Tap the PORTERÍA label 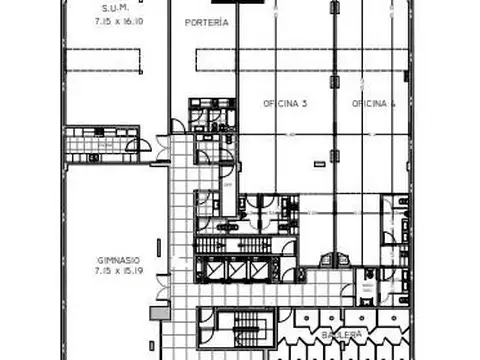pyautogui.click(x=207, y=21)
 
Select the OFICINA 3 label pyautogui.click(x=284, y=103)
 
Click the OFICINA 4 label pyautogui.click(x=373, y=103)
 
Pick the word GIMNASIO pyautogui.click(x=117, y=258)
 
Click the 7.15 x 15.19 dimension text pyautogui.click(x=117, y=270)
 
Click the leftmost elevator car pyautogui.click(x=213, y=269)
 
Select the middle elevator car pyautogui.click(x=238, y=269)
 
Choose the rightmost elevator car pyautogui.click(x=263, y=269)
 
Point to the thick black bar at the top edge pyautogui.click(x=251, y=3)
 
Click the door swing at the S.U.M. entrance pyautogui.click(x=177, y=126)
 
